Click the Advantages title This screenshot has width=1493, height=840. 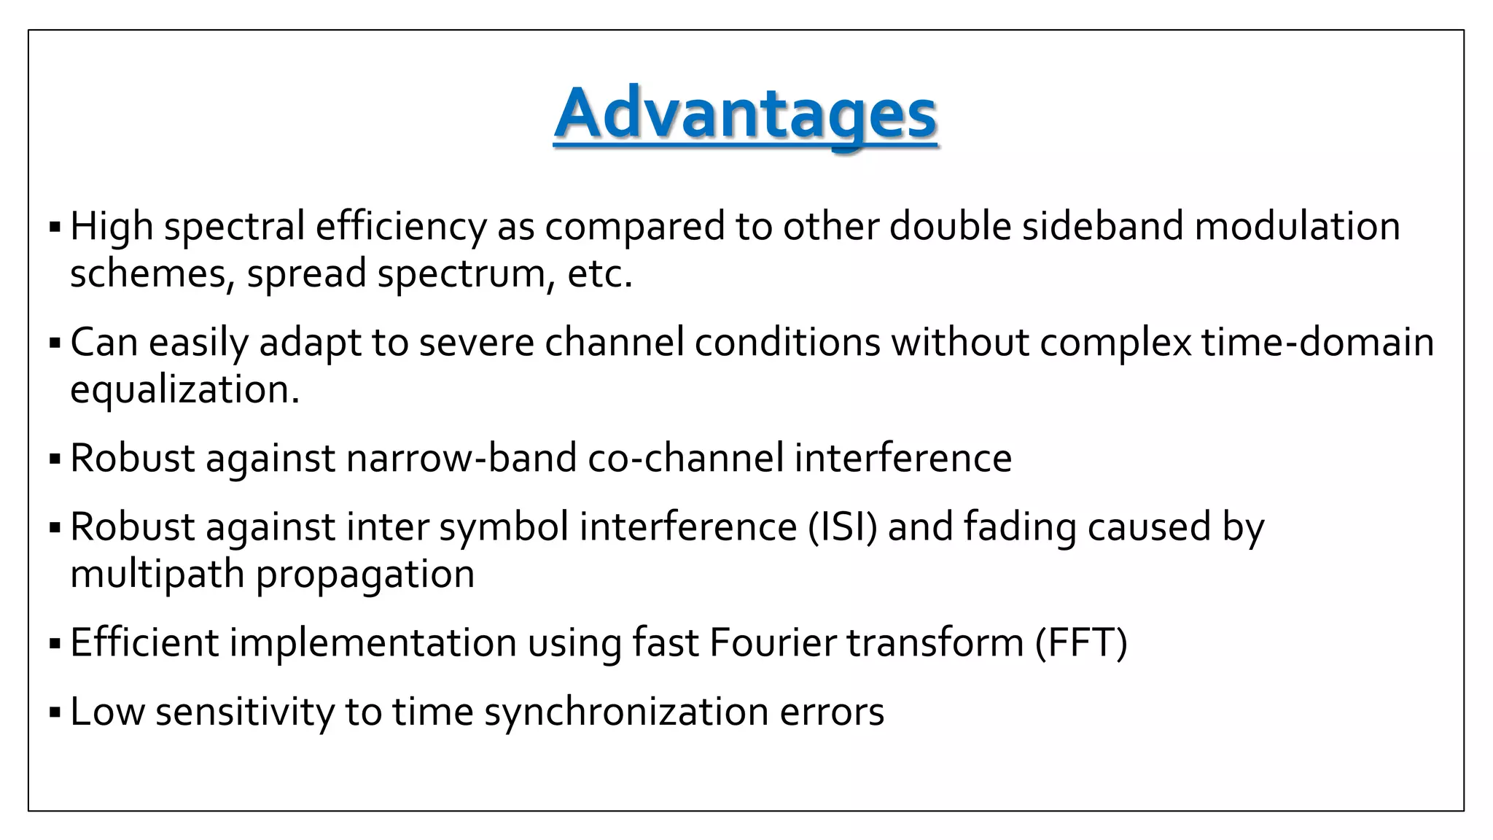745,114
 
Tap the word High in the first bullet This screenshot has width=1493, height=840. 112,226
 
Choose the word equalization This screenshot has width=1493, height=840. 184,389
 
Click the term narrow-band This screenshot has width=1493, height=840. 461,458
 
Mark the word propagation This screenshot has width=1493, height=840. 365,574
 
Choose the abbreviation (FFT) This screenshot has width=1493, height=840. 1081,642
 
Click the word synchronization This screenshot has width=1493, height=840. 626,711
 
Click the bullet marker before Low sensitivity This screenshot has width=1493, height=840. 55,711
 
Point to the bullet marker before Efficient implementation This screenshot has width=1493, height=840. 55,643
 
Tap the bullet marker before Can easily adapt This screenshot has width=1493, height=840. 55,342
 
